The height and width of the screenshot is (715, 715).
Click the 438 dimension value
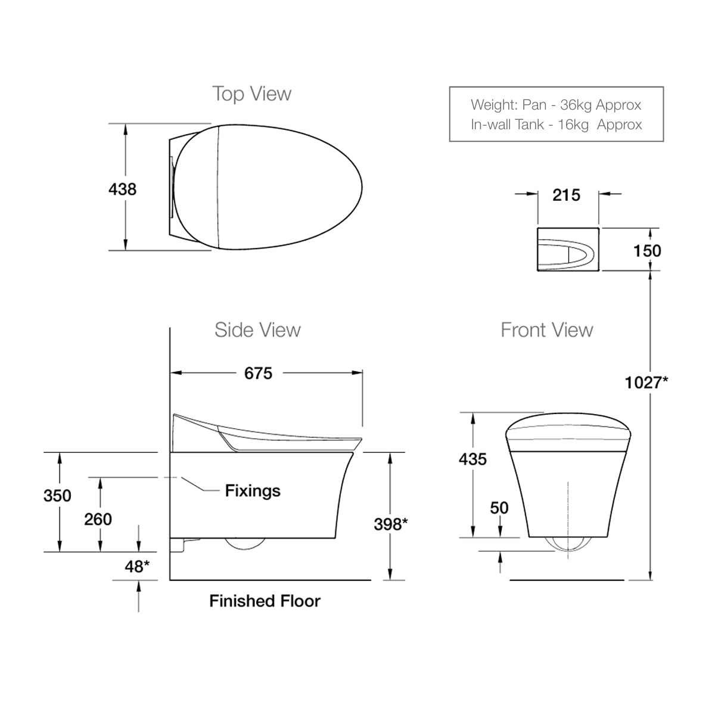click(122, 189)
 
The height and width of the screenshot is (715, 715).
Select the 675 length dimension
click(258, 373)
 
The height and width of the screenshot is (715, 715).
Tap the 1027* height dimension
click(646, 382)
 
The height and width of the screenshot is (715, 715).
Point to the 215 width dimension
click(565, 195)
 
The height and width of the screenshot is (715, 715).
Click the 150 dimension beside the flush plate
click(646, 250)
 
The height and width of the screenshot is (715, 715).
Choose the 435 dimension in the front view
click(472, 459)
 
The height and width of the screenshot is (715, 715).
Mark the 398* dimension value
click(390, 524)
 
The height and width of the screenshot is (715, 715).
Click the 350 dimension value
click(57, 495)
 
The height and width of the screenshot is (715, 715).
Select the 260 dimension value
click(98, 519)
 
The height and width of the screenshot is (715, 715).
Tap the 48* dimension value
click(136, 566)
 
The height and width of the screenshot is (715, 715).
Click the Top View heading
click(251, 94)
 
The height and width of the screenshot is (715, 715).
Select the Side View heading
click(257, 329)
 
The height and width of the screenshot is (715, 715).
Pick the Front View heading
click(546, 329)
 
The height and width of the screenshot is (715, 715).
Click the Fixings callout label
click(253, 490)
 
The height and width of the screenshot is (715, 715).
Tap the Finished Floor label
click(265, 601)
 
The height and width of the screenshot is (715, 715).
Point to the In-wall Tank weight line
click(556, 125)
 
